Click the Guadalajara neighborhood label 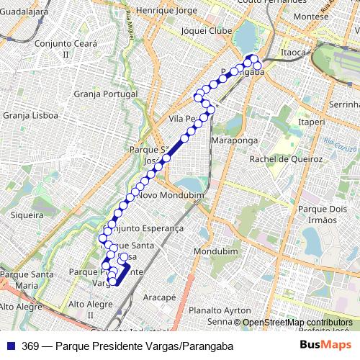tap(24, 12)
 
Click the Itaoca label tap(294, 53)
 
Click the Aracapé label tap(159, 297)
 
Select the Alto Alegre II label tap(91, 310)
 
